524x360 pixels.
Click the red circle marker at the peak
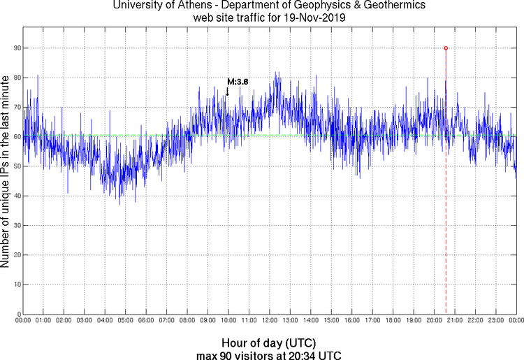click(446, 48)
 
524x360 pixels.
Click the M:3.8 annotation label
click(238, 82)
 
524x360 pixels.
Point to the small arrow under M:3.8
click(227, 92)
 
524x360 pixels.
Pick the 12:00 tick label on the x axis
click(269, 320)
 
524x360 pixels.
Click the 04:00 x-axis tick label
click(105, 320)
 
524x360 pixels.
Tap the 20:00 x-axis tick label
click(434, 320)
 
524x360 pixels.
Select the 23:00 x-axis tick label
click(495, 320)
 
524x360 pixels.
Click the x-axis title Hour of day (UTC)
click(269, 343)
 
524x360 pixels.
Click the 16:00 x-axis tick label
click(351, 320)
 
